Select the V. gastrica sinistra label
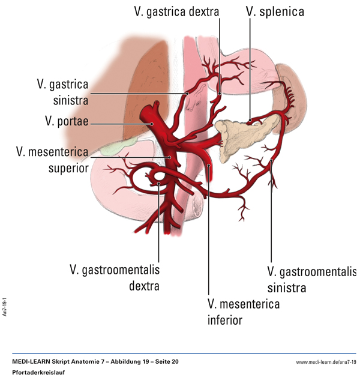pyautogui.click(x=62, y=92)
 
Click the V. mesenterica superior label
pyautogui.click(x=52, y=159)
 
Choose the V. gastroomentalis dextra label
pyautogui.click(x=115, y=277)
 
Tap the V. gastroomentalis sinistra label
pyautogui.click(x=311, y=279)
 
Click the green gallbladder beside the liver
pyautogui.click(x=115, y=148)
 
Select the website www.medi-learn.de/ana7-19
pyautogui.click(x=326, y=362)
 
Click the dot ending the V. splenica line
pyautogui.click(x=250, y=121)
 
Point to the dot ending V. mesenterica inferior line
pyautogui.click(x=208, y=164)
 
